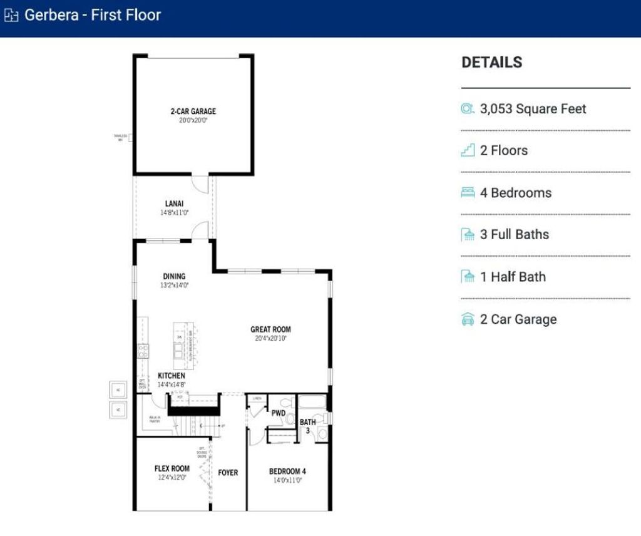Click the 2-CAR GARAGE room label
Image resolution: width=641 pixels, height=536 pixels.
pyautogui.click(x=193, y=111)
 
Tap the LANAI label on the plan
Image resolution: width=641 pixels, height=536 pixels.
pyautogui.click(x=174, y=204)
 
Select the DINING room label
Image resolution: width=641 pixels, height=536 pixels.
pyautogui.click(x=174, y=276)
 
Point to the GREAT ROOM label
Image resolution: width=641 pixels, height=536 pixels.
pyautogui.click(x=270, y=329)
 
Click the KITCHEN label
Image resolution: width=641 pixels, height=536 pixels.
pyautogui.click(x=171, y=376)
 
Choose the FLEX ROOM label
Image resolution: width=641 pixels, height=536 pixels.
pyautogui.click(x=172, y=468)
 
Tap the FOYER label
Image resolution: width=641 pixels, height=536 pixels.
pyautogui.click(x=228, y=473)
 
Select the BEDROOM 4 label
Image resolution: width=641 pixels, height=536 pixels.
pyautogui.click(x=287, y=472)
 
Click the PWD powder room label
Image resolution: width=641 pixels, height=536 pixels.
pyautogui.click(x=279, y=413)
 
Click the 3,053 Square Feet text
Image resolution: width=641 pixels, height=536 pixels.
pyautogui.click(x=533, y=109)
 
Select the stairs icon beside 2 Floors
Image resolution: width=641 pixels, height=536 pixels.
pyautogui.click(x=468, y=150)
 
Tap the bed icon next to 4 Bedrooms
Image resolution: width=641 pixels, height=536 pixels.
pyautogui.click(x=468, y=192)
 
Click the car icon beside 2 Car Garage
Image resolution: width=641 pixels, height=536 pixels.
pyautogui.click(x=468, y=319)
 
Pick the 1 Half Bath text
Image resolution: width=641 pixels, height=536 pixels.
pyautogui.click(x=513, y=277)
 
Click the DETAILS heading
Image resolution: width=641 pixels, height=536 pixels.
pyautogui.click(x=491, y=63)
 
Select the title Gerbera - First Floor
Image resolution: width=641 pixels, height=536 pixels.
pyautogui.click(x=93, y=15)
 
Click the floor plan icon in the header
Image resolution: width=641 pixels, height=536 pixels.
pyautogui.click(x=12, y=16)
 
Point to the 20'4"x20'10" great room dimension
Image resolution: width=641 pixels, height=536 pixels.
pyautogui.click(x=270, y=338)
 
